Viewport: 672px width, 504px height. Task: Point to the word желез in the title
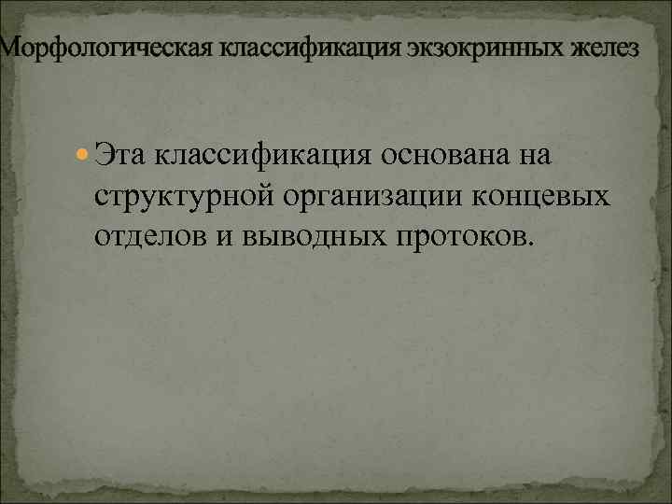click(x=609, y=48)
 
